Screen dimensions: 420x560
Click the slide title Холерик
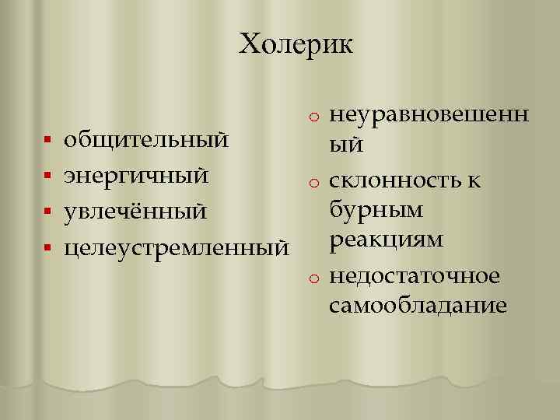(x=296, y=44)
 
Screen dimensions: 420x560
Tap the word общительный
(x=146, y=141)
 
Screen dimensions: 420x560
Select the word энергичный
(x=136, y=176)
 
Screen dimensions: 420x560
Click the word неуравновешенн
(x=429, y=115)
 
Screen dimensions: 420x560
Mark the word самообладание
(x=418, y=305)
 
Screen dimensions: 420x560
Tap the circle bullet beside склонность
(x=312, y=183)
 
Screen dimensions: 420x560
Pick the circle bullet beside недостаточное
(x=312, y=276)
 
